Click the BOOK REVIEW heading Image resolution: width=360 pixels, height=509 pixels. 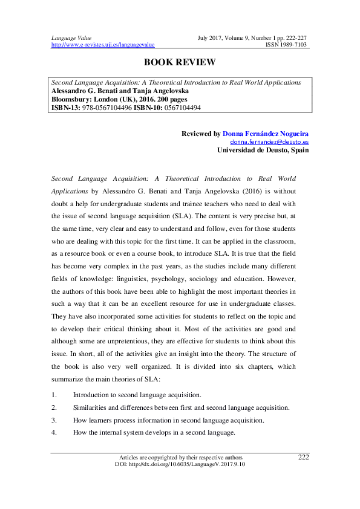point(180,62)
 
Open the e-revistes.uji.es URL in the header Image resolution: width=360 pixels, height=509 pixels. point(103,45)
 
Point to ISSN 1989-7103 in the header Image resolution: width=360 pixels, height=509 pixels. point(287,45)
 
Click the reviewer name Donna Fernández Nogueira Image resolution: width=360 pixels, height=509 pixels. point(266,133)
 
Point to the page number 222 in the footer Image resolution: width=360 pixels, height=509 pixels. point(304,457)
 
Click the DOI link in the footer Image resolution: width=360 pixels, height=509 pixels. point(180,464)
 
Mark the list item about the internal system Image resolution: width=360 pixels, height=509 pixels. point(154,433)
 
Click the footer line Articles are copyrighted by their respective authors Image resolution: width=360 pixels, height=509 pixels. point(180,457)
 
